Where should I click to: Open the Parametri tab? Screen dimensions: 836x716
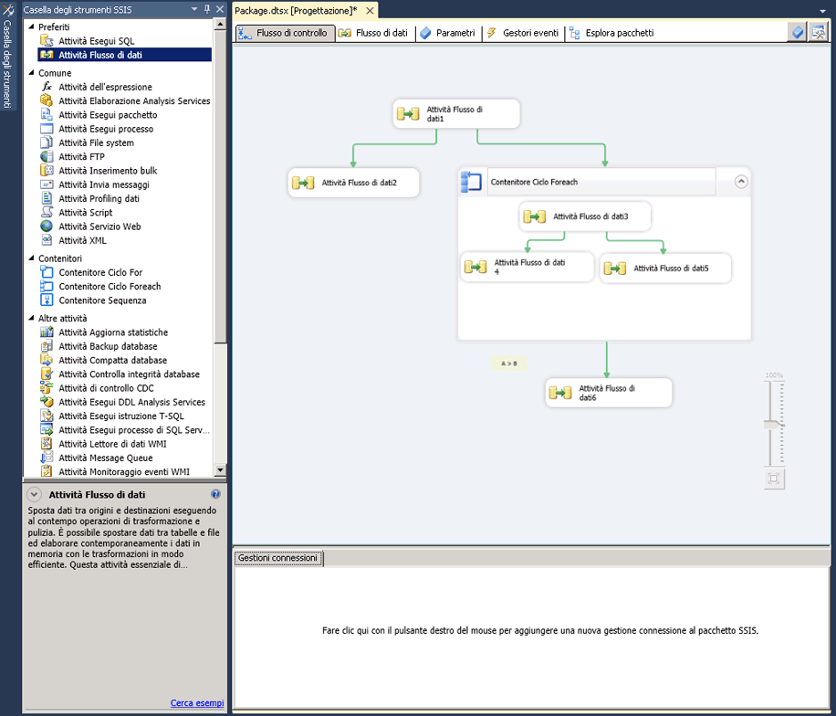[448, 33]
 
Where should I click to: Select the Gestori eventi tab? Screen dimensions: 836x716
[523, 33]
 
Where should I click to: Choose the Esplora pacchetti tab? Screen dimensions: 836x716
[611, 33]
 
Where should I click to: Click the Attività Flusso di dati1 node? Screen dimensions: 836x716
[456, 113]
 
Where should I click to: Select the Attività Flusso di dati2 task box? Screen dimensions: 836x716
[353, 183]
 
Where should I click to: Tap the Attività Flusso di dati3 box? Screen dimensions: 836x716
[585, 216]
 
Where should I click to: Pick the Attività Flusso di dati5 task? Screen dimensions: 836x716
[665, 268]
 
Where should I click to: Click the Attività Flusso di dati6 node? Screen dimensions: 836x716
[609, 394]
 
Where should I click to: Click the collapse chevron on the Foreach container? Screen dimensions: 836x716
[740, 182]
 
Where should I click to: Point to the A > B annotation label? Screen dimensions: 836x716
[508, 363]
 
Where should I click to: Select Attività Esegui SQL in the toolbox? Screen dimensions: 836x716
[97, 41]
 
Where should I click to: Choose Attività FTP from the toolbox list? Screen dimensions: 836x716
[81, 157]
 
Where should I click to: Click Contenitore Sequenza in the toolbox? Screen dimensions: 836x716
[102, 300]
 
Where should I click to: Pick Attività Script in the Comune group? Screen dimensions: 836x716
[85, 213]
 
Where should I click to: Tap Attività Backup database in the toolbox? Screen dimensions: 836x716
[108, 346]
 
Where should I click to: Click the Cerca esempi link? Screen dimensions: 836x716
[197, 703]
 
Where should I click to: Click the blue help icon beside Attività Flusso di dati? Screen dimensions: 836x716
[215, 494]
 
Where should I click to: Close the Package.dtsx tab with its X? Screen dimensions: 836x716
[370, 11]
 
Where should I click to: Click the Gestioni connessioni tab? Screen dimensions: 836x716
[277, 558]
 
